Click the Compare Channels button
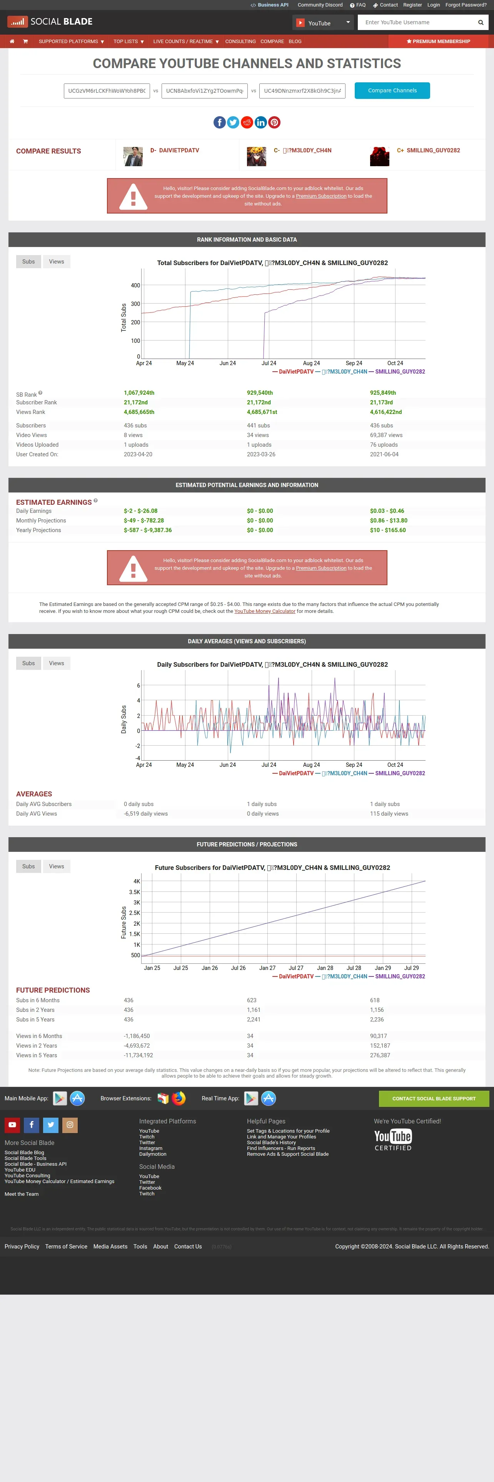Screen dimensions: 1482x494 point(392,90)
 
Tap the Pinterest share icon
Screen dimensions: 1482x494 point(274,122)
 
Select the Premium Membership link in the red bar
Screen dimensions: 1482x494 point(438,42)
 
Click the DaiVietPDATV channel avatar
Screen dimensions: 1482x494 point(133,156)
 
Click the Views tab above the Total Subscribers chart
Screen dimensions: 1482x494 point(56,262)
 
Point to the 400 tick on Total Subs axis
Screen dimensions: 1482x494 point(135,285)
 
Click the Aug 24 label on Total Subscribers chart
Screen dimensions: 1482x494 point(311,363)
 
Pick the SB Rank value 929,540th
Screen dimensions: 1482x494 point(260,393)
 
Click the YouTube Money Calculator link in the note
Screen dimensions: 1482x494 point(265,611)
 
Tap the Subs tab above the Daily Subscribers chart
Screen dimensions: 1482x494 point(28,663)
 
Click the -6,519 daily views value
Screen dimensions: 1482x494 point(145,813)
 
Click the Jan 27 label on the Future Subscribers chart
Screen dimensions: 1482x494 point(267,968)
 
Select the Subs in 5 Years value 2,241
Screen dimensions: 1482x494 point(254,1020)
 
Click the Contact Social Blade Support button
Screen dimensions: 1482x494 point(434,1098)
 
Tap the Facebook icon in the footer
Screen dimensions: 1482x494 point(32,1125)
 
